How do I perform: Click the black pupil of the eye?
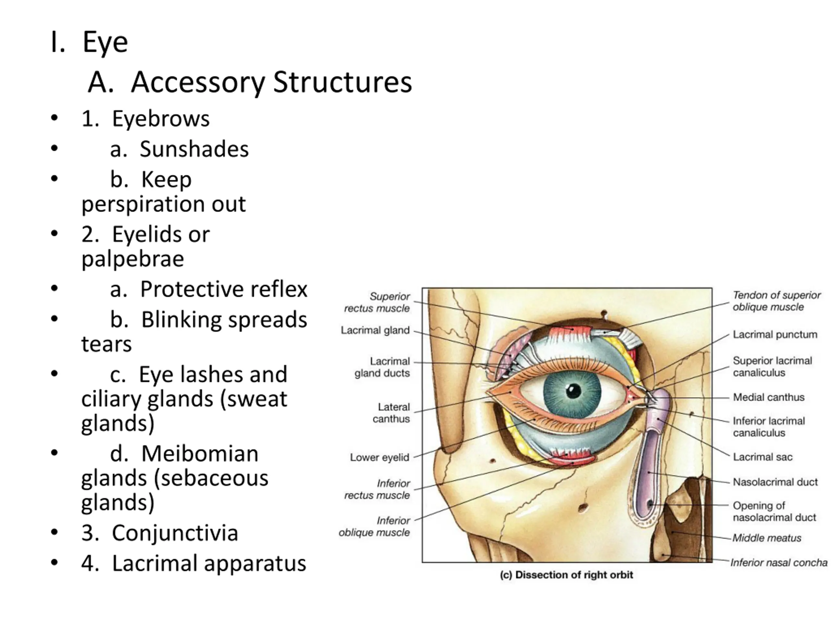573,391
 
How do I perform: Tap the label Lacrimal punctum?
775,335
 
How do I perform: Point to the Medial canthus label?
769,397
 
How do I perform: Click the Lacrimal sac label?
763,457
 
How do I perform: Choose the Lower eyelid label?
379,458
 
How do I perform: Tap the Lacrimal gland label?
375,330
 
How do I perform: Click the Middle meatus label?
767,538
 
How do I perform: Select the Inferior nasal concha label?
779,563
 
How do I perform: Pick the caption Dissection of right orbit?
566,575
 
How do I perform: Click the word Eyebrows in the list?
161,119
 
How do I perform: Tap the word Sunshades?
194,149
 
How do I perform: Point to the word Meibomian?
200,454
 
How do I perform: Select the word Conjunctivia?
175,533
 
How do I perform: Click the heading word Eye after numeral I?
105,42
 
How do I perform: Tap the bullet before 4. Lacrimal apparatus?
55,563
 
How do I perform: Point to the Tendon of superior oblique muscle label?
776,301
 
